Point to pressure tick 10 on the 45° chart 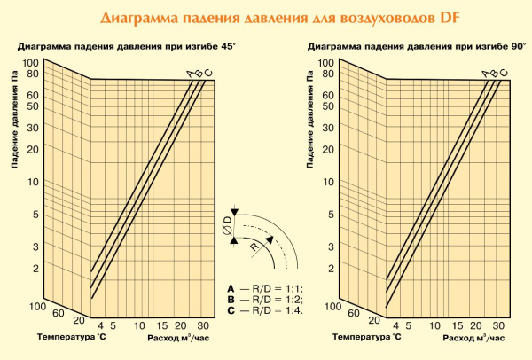coord(36,182)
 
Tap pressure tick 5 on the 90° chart coord(328,215)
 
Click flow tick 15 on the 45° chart coord(161,325)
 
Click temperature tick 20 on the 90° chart coord(373,321)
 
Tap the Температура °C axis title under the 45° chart coord(71,338)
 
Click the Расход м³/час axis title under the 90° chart coord(474,338)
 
